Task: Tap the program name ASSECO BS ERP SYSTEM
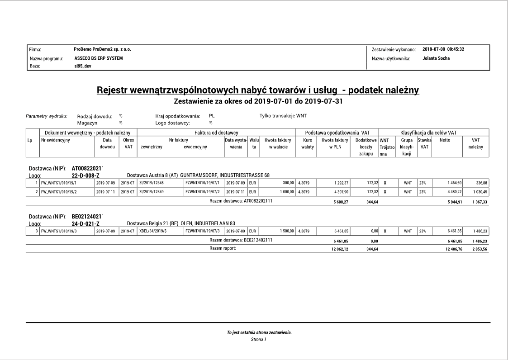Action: point(98,58)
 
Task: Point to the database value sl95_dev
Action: point(83,66)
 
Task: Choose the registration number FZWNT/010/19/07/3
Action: point(202,232)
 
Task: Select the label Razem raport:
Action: point(219,248)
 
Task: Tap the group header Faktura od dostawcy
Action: point(216,133)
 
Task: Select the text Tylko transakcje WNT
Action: point(283,116)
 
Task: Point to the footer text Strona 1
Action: point(259,339)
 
